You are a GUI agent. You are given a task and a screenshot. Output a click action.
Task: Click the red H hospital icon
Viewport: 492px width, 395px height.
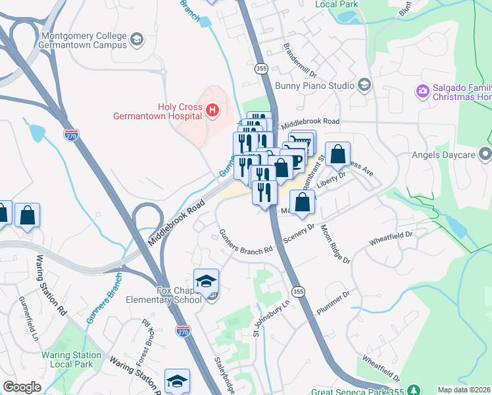(212, 110)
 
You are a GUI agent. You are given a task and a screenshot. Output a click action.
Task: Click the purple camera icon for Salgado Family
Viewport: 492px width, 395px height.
(422, 90)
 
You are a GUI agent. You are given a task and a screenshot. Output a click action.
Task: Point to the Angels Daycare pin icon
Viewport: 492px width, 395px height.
(485, 155)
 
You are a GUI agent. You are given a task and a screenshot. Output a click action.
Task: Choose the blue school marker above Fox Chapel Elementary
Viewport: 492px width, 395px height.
(207, 282)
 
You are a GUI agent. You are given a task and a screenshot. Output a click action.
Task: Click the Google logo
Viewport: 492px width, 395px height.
(22, 387)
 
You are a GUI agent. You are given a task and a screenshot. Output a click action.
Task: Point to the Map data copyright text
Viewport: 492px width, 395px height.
(464, 390)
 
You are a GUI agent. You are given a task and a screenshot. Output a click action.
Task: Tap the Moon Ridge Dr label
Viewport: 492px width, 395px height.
(335, 244)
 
